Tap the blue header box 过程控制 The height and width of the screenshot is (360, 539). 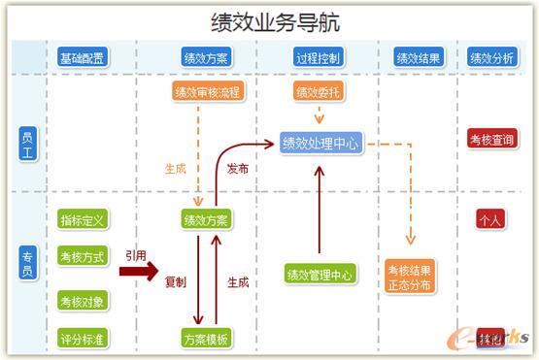(x=318, y=57)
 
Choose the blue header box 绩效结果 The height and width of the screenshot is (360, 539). (x=419, y=57)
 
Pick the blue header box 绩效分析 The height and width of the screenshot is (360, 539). (x=491, y=57)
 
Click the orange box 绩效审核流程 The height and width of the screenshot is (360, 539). (x=206, y=92)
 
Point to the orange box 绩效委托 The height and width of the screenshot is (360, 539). (x=318, y=92)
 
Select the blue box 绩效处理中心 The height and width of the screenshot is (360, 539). (x=320, y=144)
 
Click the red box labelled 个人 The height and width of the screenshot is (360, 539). (x=490, y=219)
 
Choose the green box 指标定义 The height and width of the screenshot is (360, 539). (x=82, y=219)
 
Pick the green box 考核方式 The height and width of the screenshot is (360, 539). (x=82, y=257)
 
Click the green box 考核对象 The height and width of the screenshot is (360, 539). (x=82, y=301)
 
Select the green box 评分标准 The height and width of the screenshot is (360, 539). (x=82, y=339)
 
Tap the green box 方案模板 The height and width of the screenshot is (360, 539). (x=206, y=339)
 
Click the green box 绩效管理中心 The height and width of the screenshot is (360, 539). (x=320, y=275)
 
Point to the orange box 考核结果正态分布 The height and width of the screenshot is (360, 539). (x=409, y=277)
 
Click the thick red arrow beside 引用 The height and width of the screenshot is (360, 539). (x=138, y=272)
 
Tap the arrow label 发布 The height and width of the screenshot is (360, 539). (x=237, y=168)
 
